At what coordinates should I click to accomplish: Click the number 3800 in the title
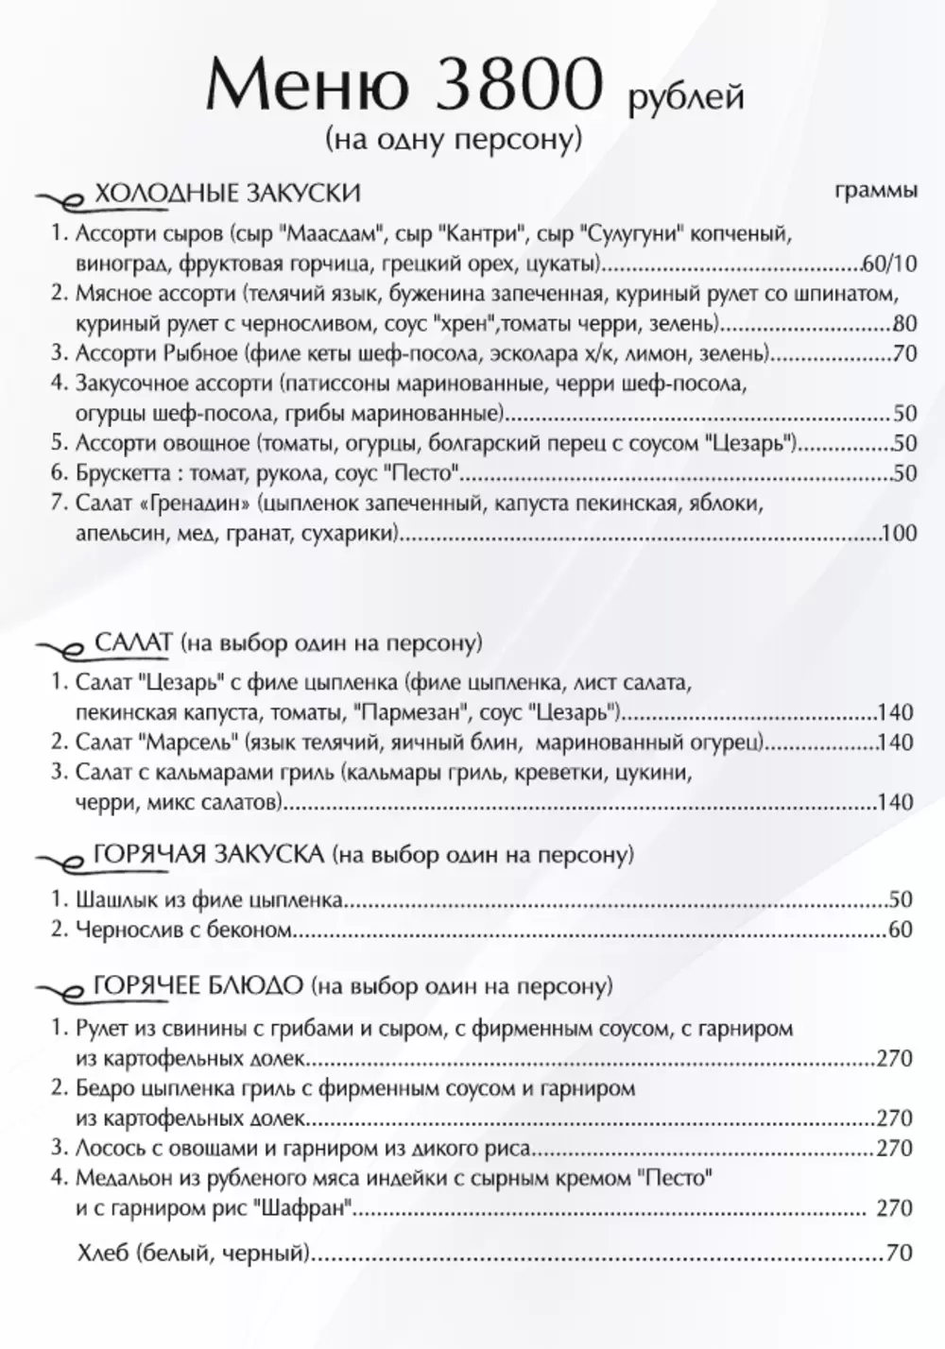point(517,87)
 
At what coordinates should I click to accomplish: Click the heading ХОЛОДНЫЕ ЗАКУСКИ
point(228,194)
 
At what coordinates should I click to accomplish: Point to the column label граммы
point(876,191)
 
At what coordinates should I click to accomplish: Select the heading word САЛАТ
point(134,643)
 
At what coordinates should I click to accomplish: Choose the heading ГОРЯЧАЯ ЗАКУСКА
point(210,856)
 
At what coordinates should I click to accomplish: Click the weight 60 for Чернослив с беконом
point(901,931)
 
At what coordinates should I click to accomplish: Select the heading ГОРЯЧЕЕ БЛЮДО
point(198,986)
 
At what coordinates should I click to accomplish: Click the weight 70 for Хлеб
point(900,1254)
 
